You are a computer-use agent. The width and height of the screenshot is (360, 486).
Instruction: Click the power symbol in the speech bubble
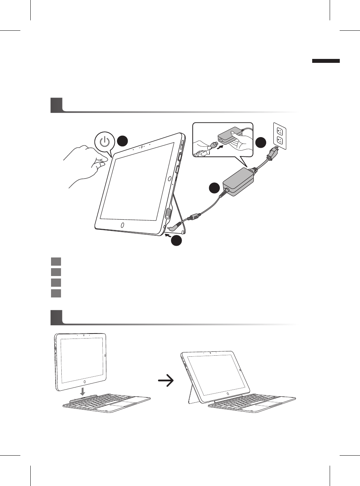click(x=105, y=142)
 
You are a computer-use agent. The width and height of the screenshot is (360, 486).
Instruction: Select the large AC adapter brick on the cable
click(x=238, y=182)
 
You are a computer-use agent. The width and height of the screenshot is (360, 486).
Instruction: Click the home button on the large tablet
click(x=122, y=225)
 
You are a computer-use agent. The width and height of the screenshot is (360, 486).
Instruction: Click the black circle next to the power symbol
click(x=122, y=141)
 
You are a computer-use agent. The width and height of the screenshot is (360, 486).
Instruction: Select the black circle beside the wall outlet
click(x=260, y=142)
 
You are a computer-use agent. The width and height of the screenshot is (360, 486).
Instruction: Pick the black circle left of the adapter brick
click(x=214, y=188)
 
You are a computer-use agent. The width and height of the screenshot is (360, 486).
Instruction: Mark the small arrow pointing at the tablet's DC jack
click(x=168, y=235)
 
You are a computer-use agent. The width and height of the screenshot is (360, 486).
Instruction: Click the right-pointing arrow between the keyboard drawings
click(x=166, y=381)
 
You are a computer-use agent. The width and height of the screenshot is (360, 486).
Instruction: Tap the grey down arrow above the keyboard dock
click(x=82, y=391)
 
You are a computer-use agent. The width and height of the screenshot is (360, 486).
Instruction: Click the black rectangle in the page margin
click(x=326, y=61)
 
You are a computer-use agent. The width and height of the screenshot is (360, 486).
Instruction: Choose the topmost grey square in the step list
click(x=56, y=261)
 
